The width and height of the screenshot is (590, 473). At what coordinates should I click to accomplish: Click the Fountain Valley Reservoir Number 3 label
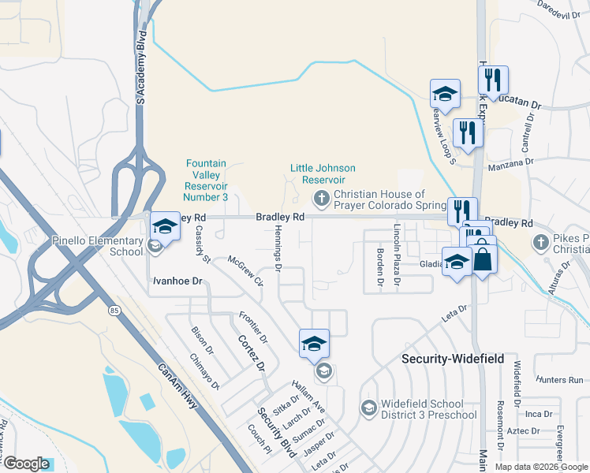tap(207, 181)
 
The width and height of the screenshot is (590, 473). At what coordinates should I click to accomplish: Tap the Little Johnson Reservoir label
tap(323, 173)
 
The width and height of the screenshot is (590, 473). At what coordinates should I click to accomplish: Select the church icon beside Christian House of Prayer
tap(321, 197)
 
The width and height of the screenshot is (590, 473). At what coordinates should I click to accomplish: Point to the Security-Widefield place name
tap(452, 358)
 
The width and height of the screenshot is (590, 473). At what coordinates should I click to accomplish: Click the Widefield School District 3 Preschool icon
tap(368, 408)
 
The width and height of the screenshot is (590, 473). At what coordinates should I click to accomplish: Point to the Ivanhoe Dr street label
tap(177, 280)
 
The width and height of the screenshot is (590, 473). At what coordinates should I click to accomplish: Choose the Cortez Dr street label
tap(250, 352)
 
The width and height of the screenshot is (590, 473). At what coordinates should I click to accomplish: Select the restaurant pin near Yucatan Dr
tap(493, 80)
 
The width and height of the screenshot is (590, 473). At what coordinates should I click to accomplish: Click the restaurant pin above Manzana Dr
tap(468, 132)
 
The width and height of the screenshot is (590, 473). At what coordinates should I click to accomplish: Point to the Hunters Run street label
tap(558, 379)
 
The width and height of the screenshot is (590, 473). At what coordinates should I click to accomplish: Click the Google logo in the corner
tap(26, 463)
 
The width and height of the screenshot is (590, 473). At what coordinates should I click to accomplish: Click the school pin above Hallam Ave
tap(313, 345)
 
